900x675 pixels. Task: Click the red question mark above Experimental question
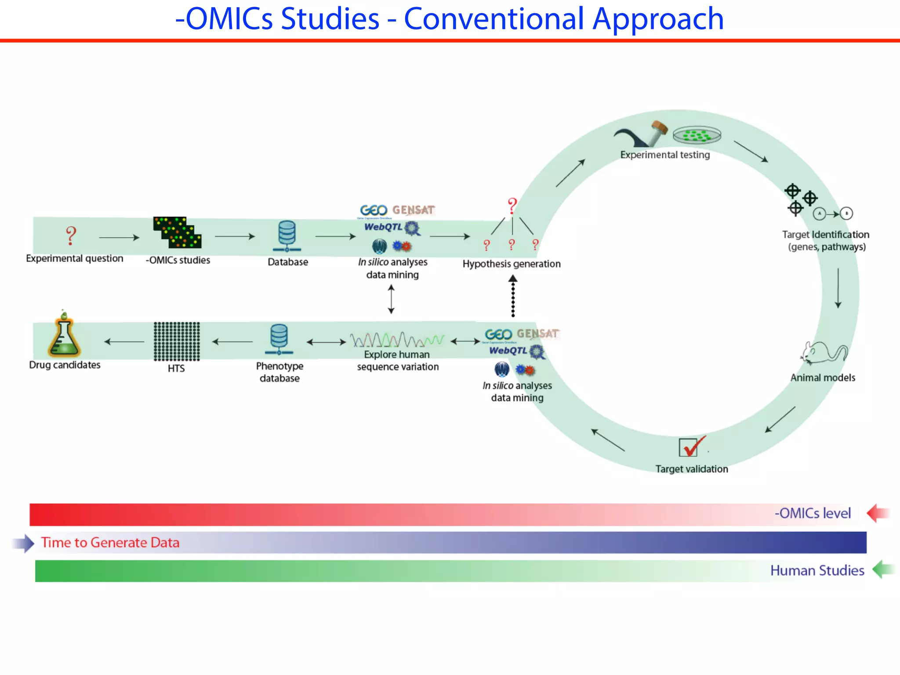71,236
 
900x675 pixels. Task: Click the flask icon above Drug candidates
64,336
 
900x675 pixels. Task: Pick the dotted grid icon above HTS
177,341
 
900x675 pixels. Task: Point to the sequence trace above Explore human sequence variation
397,340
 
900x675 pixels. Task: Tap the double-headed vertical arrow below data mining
391,299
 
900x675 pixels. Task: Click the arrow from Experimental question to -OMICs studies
119,238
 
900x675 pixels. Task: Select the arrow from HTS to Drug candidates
124,341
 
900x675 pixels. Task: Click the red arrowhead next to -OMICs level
877,513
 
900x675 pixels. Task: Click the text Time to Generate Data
110,543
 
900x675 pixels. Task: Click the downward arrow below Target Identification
838,288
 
